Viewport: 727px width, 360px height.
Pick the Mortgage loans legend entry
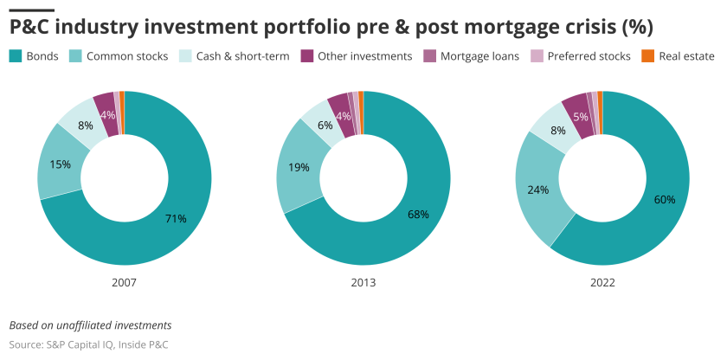tap(472, 56)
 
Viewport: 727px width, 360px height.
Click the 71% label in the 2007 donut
tap(176, 219)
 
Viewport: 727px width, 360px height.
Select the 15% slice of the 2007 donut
tap(61, 164)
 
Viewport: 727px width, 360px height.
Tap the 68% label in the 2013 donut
tap(418, 214)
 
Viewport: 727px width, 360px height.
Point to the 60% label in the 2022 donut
tap(664, 199)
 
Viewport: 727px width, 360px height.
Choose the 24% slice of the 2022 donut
tap(538, 189)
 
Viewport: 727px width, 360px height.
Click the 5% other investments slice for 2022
tap(580, 115)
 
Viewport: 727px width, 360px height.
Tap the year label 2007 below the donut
tap(124, 282)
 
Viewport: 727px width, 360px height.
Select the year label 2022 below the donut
tap(602, 282)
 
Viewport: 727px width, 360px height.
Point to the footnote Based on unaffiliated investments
tap(90, 325)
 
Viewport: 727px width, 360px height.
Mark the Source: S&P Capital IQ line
tap(88, 344)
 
